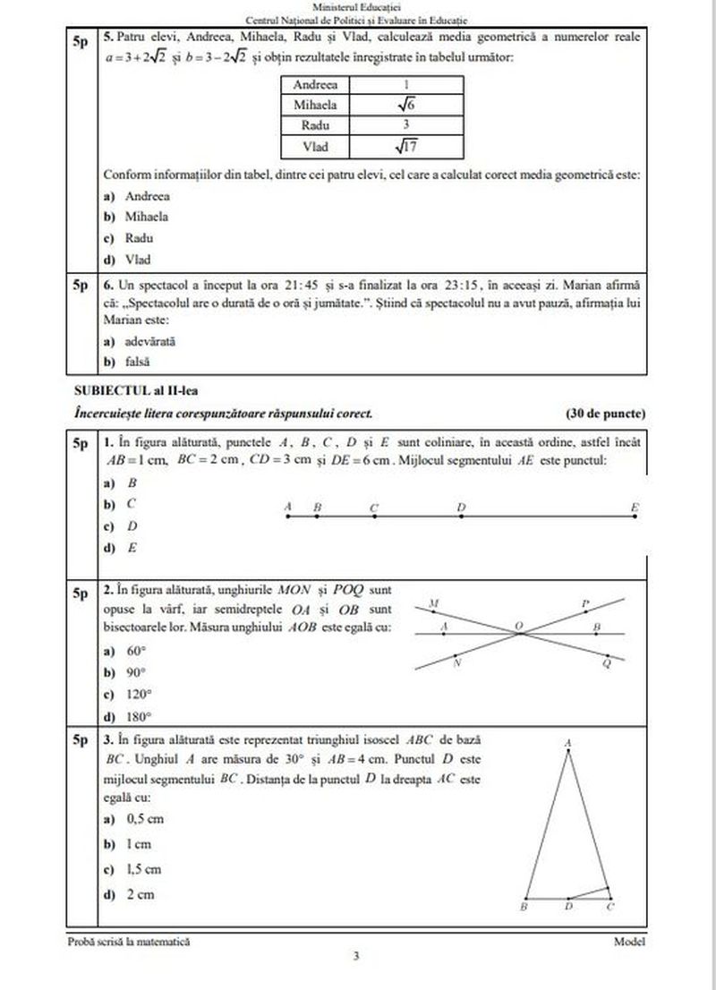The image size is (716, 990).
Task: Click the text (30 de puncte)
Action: click(x=605, y=414)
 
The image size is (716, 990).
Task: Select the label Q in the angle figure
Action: click(x=607, y=663)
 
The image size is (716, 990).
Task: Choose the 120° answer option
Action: click(x=132, y=694)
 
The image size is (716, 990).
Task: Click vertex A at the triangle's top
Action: click(x=568, y=743)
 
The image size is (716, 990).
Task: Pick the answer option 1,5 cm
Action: click(x=136, y=868)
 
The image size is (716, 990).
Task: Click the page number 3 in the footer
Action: click(x=357, y=957)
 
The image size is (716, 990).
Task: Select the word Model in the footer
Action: click(x=629, y=941)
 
